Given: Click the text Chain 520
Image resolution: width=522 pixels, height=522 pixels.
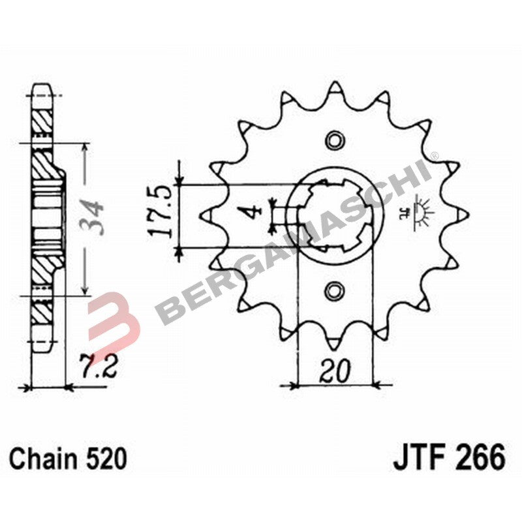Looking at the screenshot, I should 68,459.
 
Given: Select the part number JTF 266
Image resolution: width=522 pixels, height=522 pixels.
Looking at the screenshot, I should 449,457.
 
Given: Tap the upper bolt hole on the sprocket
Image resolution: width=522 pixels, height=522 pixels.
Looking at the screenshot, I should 335,140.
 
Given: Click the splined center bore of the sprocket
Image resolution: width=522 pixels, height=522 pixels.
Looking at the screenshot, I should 335,214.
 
